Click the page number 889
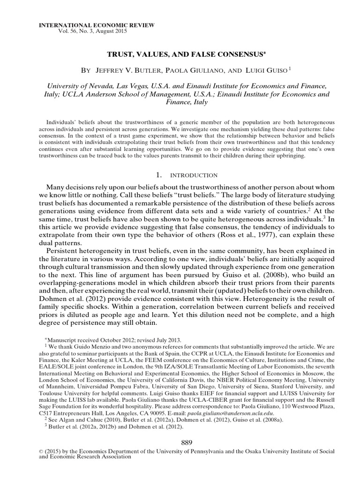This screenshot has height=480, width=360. click(x=187, y=442)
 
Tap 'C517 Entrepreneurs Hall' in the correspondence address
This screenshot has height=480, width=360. click(x=70, y=414)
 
